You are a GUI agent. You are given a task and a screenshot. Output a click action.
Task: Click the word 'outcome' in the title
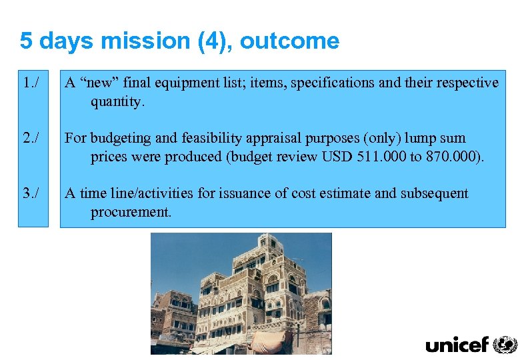tap(289, 41)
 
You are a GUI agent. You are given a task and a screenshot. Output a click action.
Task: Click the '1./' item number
tap(30, 83)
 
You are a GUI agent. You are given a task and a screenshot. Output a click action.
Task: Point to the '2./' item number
tap(30, 139)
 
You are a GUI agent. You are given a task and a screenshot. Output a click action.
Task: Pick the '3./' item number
tap(30, 194)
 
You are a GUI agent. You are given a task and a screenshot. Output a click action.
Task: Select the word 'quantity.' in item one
tap(117, 102)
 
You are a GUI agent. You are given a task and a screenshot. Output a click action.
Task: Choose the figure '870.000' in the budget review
tap(451, 157)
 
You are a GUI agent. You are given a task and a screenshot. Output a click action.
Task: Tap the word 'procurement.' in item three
tap(131, 213)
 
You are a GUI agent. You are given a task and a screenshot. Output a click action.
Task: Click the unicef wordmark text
tap(457, 345)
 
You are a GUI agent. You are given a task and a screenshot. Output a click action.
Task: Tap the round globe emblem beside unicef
tap(505, 344)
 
